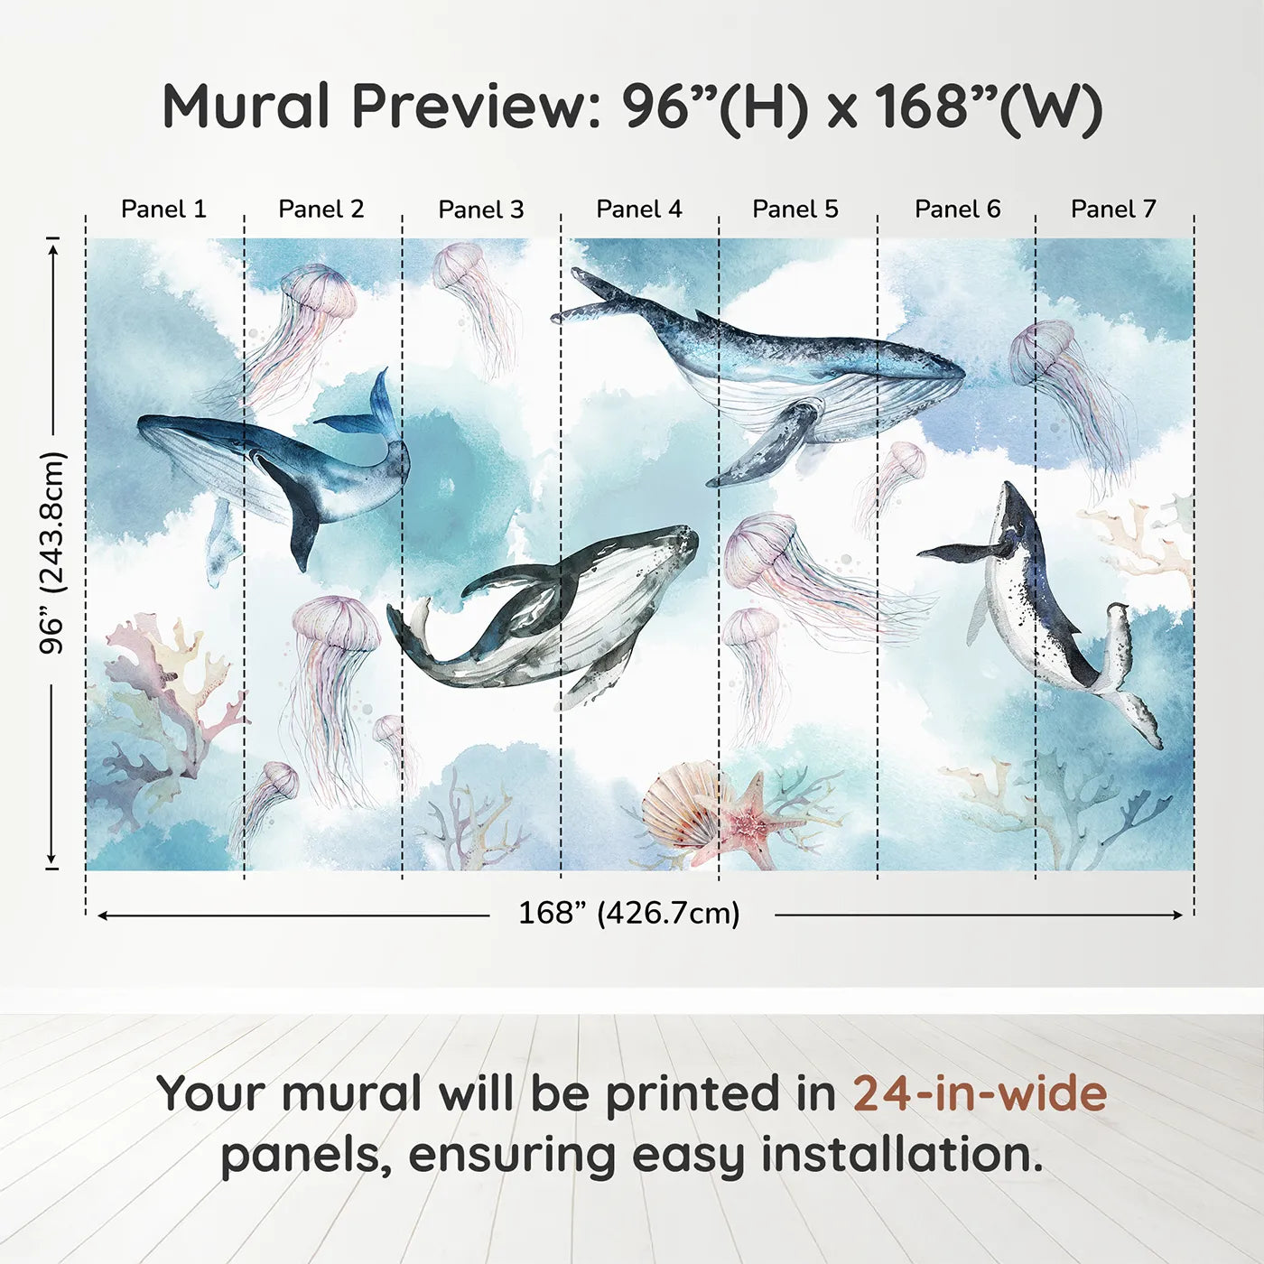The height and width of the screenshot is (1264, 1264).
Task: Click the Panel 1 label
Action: click(163, 209)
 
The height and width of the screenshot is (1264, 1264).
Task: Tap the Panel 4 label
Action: click(639, 209)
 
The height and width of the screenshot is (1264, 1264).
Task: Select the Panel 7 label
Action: click(1113, 209)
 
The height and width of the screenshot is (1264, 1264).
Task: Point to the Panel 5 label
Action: click(795, 209)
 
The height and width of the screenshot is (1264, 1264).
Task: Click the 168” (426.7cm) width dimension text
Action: click(629, 914)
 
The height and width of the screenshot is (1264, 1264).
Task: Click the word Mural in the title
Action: click(246, 107)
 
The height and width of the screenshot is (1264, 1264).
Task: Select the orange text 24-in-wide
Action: click(980, 1093)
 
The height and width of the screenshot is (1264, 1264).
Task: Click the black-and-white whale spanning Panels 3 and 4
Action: click(551, 609)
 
